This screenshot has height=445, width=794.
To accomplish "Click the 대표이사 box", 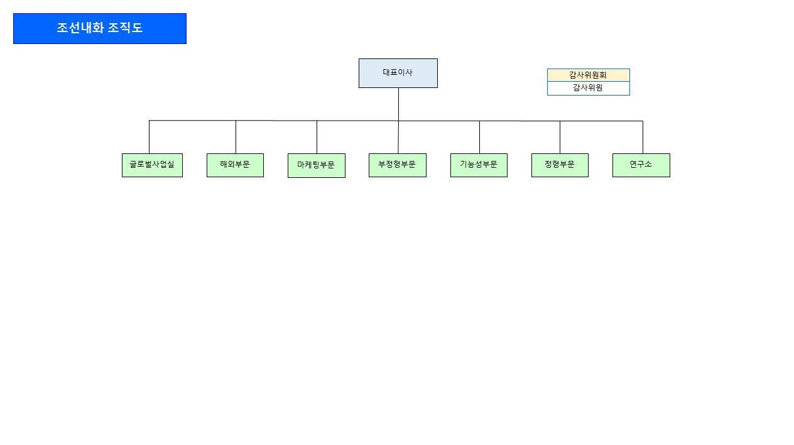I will [398, 73].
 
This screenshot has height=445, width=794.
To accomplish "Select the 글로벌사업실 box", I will [152, 165].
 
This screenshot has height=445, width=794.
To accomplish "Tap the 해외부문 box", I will [235, 165].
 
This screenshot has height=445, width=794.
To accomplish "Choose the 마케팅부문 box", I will [316, 165].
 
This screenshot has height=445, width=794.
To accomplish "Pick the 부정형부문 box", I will [397, 165].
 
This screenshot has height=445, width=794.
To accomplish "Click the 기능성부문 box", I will [479, 165].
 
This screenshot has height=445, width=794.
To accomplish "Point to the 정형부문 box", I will [560, 165].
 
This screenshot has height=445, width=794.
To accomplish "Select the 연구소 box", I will [641, 165].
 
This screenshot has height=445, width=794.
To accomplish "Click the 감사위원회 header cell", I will [588, 75].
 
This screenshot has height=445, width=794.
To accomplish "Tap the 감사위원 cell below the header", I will [588, 88].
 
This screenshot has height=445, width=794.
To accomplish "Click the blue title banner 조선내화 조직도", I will [100, 28].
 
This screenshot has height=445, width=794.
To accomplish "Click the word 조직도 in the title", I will [126, 28].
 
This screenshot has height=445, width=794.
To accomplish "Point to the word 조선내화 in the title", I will [80, 28].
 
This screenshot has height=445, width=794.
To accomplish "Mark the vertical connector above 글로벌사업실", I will [149, 137].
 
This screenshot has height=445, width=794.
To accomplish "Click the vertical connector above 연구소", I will [643, 137].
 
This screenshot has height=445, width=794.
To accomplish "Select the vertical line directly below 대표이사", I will [398, 104].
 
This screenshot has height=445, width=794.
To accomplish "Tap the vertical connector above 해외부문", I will [236, 137].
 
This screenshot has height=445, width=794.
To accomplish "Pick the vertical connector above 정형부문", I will [560, 137].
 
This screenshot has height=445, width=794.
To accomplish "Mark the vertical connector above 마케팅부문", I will [317, 137].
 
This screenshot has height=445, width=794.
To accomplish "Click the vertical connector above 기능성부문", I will [479, 137].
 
